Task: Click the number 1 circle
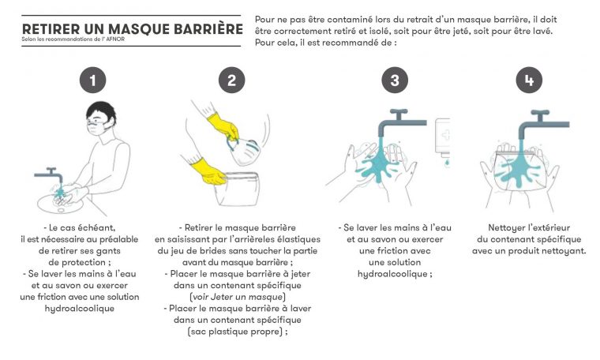pyautogui.click(x=94, y=80)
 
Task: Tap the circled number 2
pyautogui.click(x=231, y=80)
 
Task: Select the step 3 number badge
pyautogui.click(x=394, y=80)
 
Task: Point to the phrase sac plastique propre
pyautogui.click(x=234, y=332)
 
